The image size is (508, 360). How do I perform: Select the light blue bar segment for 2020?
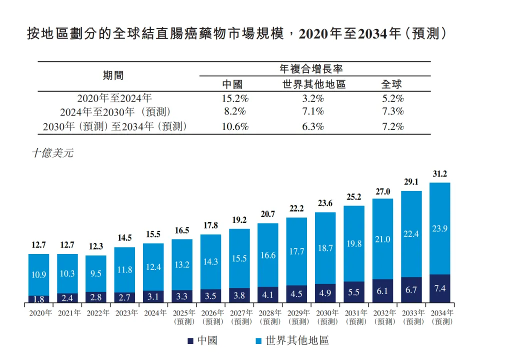click(38, 274)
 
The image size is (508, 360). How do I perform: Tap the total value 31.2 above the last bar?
click(439, 174)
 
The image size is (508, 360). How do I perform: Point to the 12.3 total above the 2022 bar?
click(96, 247)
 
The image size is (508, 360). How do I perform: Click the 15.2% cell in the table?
click(235, 98)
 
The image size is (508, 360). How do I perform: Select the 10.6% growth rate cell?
click(235, 126)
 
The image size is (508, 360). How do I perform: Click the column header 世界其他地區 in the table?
click(313, 84)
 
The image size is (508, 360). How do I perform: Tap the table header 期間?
click(113, 75)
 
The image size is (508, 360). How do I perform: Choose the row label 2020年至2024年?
click(113, 98)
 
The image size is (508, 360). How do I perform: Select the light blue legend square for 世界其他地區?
click(258, 341)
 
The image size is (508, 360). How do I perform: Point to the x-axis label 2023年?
click(126, 313)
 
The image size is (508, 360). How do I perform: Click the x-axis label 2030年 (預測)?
click(326, 317)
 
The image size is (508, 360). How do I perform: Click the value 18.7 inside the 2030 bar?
click(325, 248)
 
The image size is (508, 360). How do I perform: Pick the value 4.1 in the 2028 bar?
click(268, 294)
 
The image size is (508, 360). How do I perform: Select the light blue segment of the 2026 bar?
click(210, 261)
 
